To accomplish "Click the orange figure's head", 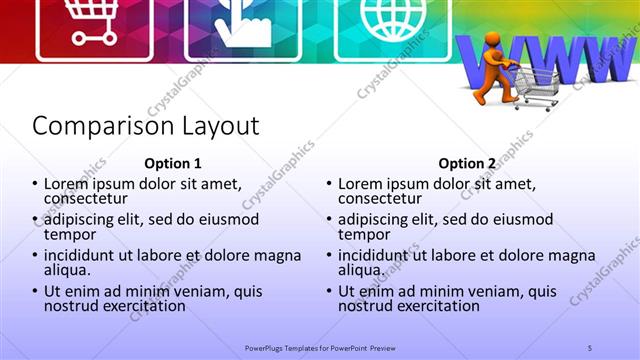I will coord(493,42).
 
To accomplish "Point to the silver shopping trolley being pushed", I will coord(536,85).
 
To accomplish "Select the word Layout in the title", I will coord(221,127).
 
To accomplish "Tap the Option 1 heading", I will coord(173,164).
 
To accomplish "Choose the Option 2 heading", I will coord(467,164).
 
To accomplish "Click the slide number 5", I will coord(590,347).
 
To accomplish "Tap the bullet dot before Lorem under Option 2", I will coord(329,185).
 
